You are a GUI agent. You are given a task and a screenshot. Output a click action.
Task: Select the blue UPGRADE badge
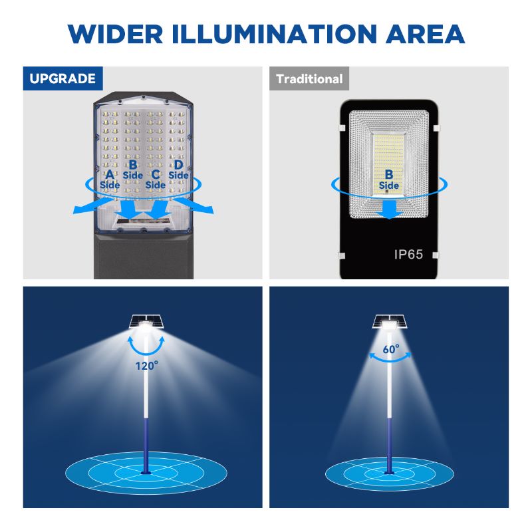pyautogui.click(x=63, y=78)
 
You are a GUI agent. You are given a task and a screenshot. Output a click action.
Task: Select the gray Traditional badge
pyautogui.click(x=309, y=79)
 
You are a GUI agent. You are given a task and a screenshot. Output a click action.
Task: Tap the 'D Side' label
pyautogui.click(x=178, y=170)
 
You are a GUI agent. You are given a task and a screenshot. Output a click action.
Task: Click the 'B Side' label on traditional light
pyautogui.click(x=389, y=180)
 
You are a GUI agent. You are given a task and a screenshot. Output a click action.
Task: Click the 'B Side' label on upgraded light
pyautogui.click(x=132, y=169)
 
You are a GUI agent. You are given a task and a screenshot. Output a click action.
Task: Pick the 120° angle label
pyautogui.click(x=146, y=365)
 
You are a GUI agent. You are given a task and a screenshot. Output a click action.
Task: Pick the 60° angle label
pyautogui.click(x=391, y=348)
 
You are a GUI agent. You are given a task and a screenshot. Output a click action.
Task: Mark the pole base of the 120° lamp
pyautogui.click(x=146, y=473)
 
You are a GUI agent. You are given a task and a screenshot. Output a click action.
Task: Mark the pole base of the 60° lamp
pyautogui.click(x=389, y=473)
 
